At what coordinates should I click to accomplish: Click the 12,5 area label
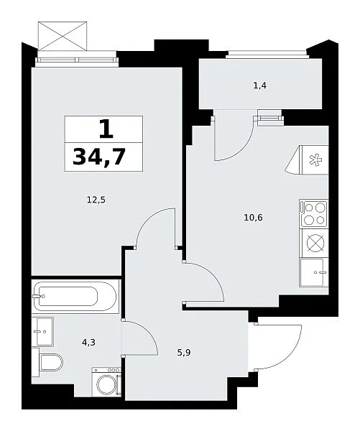tap(96, 200)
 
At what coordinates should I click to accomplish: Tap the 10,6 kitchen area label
tap(253, 218)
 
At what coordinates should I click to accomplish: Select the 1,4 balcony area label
tap(259, 86)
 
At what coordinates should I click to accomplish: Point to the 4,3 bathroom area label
tap(88, 343)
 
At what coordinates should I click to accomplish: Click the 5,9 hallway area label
tap(184, 353)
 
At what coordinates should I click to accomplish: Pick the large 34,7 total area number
tap(99, 157)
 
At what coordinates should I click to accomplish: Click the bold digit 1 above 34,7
tap(106, 129)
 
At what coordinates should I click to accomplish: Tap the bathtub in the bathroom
tap(75, 296)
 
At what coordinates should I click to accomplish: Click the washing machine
tap(106, 382)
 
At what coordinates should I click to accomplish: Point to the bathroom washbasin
tap(42, 331)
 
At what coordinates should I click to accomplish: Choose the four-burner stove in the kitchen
tap(314, 214)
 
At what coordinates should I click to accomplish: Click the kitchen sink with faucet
tap(314, 272)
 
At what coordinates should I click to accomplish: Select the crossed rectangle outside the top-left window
tap(63, 36)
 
